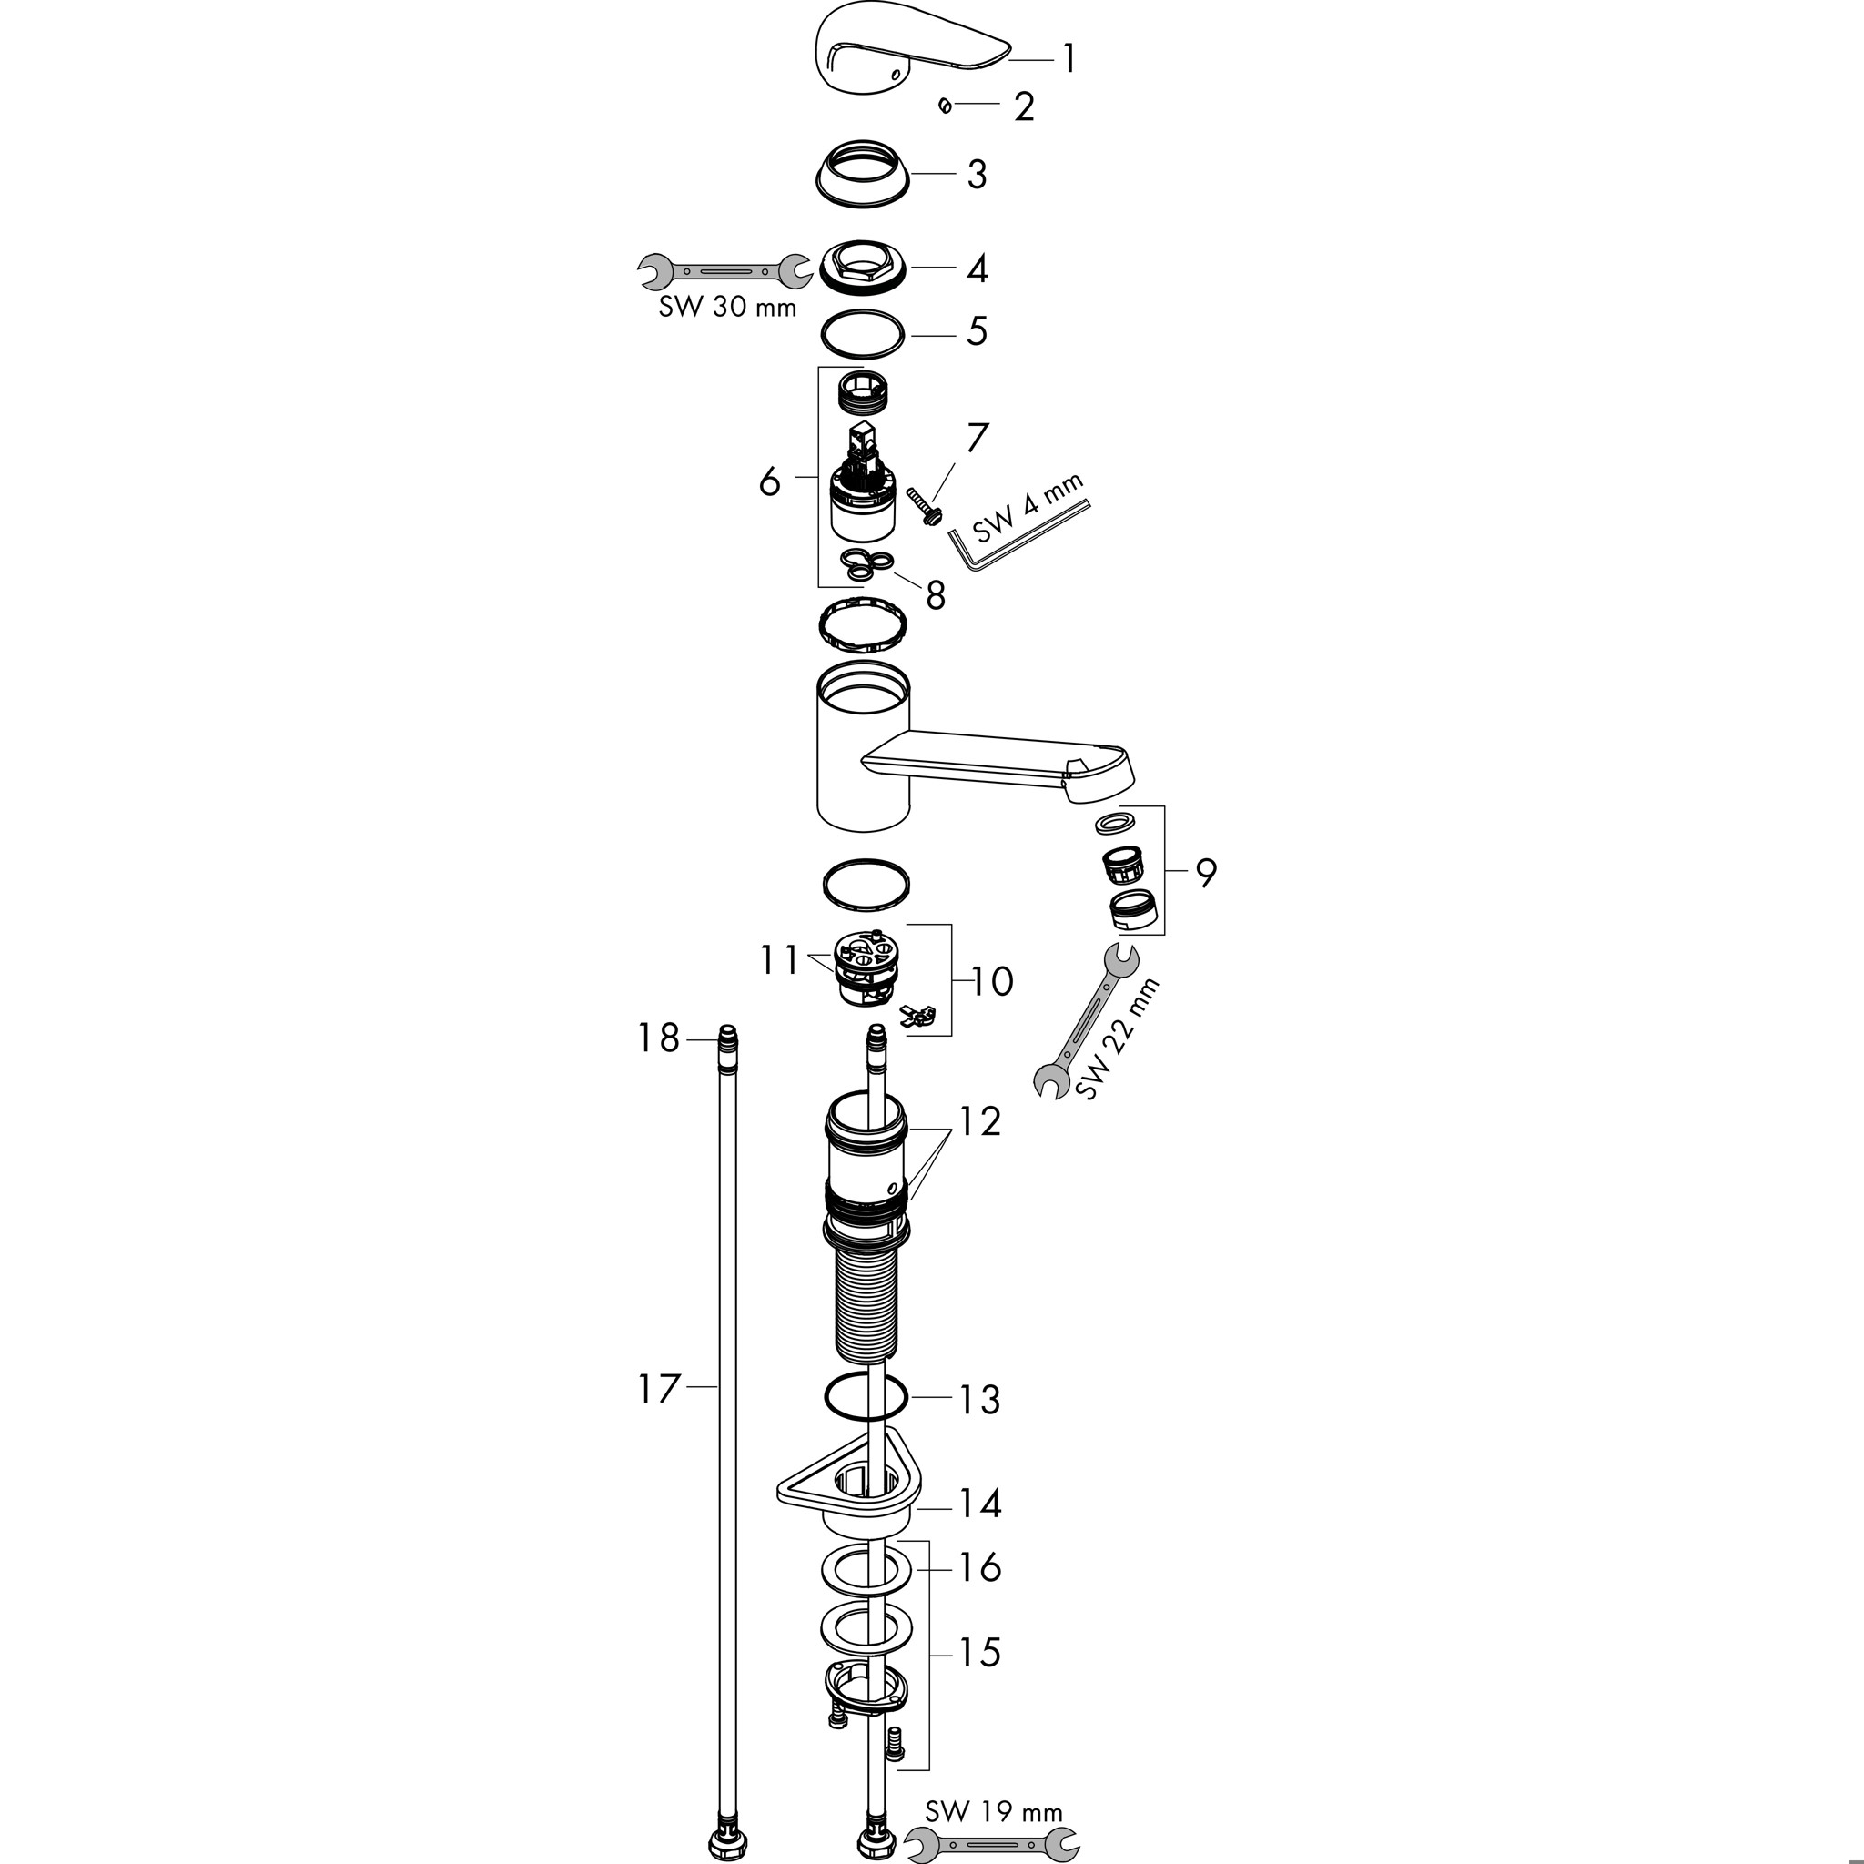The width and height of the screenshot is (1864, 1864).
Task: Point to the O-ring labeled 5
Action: pyautogui.click(x=863, y=334)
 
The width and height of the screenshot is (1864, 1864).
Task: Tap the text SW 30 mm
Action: pyautogui.click(x=727, y=307)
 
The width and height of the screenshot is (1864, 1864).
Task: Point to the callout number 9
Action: pyautogui.click(x=1206, y=872)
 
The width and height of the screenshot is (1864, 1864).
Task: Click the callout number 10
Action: pyautogui.click(x=992, y=981)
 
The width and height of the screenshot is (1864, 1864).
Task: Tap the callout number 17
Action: pyautogui.click(x=659, y=1389)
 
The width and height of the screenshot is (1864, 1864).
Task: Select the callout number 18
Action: pyautogui.click(x=659, y=1038)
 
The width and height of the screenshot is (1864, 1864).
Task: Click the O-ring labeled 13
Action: pyautogui.click(x=866, y=1397)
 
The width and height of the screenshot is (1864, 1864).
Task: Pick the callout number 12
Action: pyautogui.click(x=980, y=1121)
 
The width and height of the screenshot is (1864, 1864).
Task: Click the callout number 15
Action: pyautogui.click(x=979, y=1652)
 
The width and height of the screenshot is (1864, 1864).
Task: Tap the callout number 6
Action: pyautogui.click(x=769, y=481)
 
